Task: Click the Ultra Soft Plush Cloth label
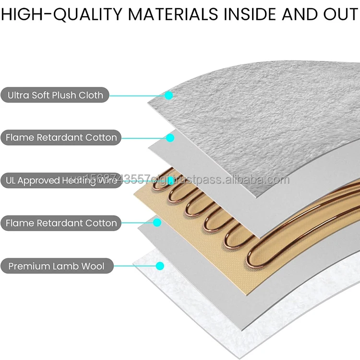(x=55, y=95)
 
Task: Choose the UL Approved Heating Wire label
(x=60, y=180)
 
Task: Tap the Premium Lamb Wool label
(x=56, y=266)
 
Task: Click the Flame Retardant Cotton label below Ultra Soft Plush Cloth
(x=61, y=138)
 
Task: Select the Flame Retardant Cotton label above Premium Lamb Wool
(x=61, y=223)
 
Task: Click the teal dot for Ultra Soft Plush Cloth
(x=168, y=96)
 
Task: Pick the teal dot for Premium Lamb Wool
(x=160, y=265)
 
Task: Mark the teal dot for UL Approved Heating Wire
(x=169, y=180)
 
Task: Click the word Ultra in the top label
(x=18, y=95)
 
